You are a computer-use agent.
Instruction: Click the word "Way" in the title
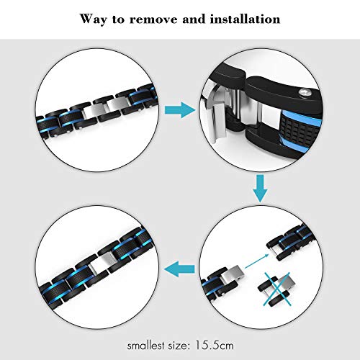(x=94, y=19)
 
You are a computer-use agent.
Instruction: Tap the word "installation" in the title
(x=245, y=19)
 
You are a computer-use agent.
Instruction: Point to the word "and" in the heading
(x=194, y=19)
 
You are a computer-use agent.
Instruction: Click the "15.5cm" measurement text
(x=214, y=346)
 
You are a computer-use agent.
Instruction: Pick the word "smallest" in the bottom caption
(x=145, y=346)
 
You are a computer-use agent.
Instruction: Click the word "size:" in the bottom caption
(x=178, y=346)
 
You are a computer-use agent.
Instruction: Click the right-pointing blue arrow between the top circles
(x=180, y=110)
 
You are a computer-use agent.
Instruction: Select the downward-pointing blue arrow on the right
(x=260, y=189)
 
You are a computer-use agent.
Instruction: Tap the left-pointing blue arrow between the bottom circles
(x=179, y=269)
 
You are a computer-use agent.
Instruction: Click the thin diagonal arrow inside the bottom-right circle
(x=256, y=261)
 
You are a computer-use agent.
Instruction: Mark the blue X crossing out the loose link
(x=276, y=289)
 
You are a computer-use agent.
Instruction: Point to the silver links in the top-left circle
(x=107, y=107)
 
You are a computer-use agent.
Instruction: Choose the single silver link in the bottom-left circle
(x=102, y=262)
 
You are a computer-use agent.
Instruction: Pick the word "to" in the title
(x=118, y=20)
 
